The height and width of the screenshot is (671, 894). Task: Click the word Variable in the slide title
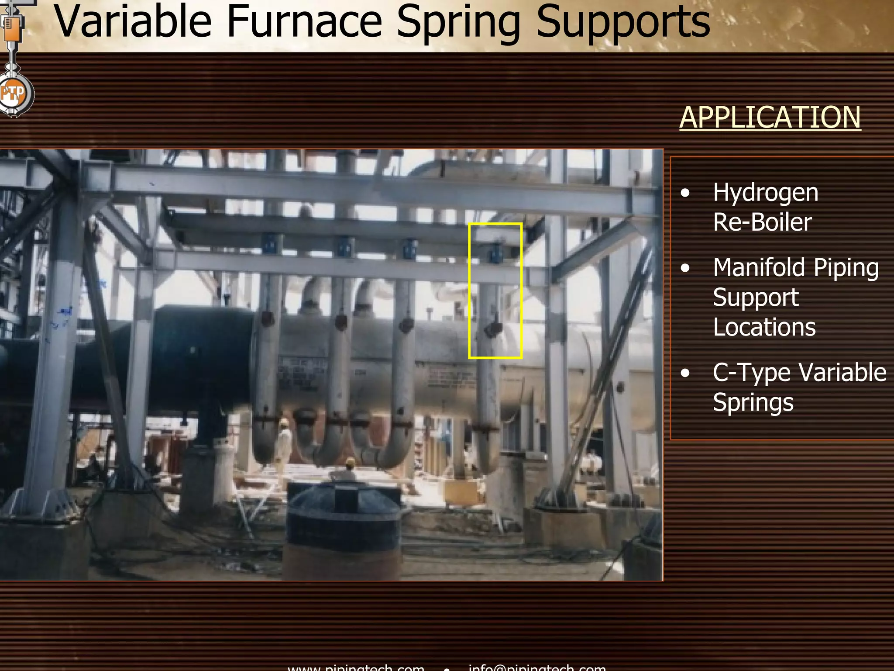[132, 22]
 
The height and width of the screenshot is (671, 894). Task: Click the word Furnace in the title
[304, 22]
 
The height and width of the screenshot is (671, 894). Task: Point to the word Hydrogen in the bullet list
[765, 193]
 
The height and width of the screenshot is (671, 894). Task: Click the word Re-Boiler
[762, 222]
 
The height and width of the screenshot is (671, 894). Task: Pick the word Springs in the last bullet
[753, 402]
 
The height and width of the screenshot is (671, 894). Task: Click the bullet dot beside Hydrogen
[685, 193]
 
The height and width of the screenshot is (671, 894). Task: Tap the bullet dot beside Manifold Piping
[685, 268]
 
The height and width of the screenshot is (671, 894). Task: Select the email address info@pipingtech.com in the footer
[537, 667]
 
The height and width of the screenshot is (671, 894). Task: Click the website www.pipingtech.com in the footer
[356, 667]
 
